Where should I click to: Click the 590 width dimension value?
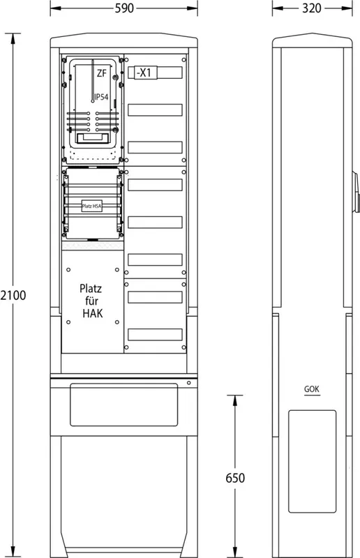[x=124, y=8]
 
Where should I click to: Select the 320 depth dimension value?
[x=312, y=8]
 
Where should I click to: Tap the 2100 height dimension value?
[x=13, y=295]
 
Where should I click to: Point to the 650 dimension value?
[x=235, y=478]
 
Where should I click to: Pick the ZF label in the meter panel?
[x=102, y=73]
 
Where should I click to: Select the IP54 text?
[x=101, y=97]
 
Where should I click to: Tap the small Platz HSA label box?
[x=92, y=206]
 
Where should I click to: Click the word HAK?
[x=93, y=313]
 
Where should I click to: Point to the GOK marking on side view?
[x=312, y=389]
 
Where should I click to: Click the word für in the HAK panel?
[x=91, y=301]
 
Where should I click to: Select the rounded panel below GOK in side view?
[x=313, y=461]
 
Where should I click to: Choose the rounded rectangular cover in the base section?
[x=124, y=405]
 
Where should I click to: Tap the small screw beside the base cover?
[x=189, y=383]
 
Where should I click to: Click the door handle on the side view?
[x=355, y=191]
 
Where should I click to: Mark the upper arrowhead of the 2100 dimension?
[x=13, y=38]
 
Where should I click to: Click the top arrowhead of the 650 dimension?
[x=235, y=400]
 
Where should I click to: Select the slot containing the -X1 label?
[x=156, y=73]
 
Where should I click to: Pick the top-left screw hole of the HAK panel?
[x=68, y=270]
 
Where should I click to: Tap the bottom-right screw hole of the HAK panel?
[x=117, y=322]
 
